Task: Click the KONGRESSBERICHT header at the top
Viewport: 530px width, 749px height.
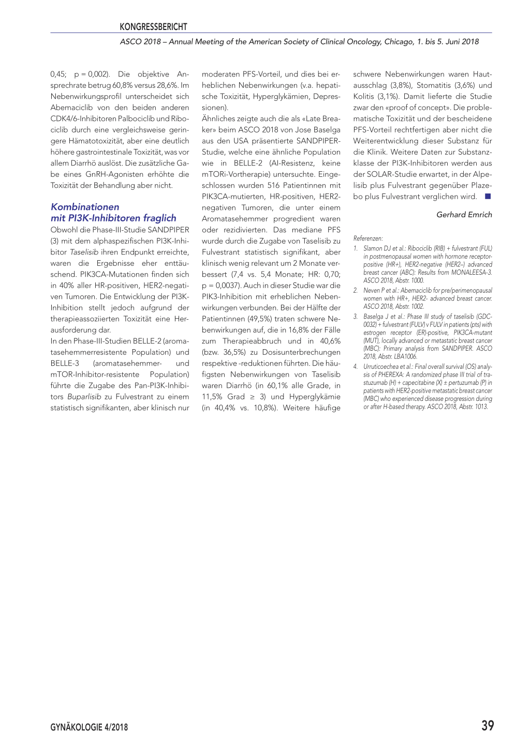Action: pyautogui.click(x=153, y=27)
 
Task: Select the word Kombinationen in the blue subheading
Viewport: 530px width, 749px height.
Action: pyautogui.click(x=85, y=207)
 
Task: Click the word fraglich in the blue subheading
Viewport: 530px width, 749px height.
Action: pyautogui.click(x=160, y=218)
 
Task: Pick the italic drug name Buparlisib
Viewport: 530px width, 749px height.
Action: pyautogui.click(x=84, y=397)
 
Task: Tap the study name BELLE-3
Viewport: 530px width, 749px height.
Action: pyautogui.click(x=65, y=363)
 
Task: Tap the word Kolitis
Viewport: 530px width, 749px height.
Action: pyautogui.click(x=364, y=96)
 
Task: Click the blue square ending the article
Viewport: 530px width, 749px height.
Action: pyautogui.click(x=488, y=197)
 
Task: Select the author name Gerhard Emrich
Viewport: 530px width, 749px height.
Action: pyautogui.click(x=464, y=215)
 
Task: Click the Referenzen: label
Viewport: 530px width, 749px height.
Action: pyautogui.click(x=368, y=238)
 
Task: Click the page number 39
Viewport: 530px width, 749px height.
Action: pyautogui.click(x=487, y=726)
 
